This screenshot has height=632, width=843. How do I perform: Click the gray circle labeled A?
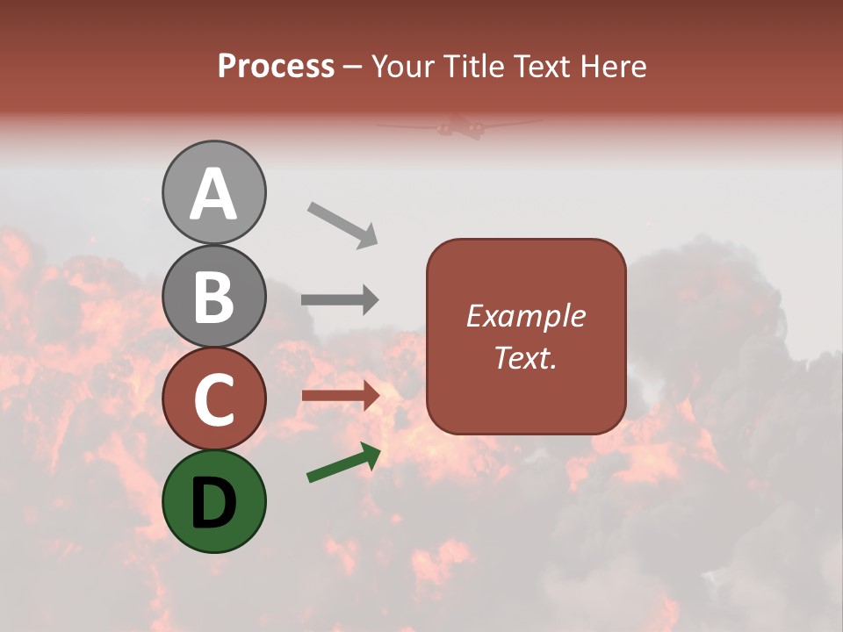tap(214, 192)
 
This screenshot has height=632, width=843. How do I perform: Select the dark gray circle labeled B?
tap(214, 296)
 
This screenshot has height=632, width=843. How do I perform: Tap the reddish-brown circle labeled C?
tap(214, 399)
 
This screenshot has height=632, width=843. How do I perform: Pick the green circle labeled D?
tap(214, 501)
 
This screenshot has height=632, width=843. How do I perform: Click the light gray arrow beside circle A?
tap(342, 225)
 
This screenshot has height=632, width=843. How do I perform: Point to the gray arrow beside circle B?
tap(340, 300)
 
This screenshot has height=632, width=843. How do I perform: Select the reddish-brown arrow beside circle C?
tap(340, 395)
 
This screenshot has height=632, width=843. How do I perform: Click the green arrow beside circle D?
tap(343, 463)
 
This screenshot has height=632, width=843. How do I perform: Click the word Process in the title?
tap(276, 67)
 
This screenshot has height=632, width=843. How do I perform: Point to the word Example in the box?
tap(526, 316)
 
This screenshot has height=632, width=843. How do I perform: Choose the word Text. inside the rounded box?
tap(526, 358)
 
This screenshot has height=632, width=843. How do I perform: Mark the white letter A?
tap(214, 194)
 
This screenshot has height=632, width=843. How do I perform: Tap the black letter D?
tap(214, 502)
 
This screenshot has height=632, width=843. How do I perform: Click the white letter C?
tap(214, 399)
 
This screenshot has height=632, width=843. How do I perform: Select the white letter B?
tap(214, 297)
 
